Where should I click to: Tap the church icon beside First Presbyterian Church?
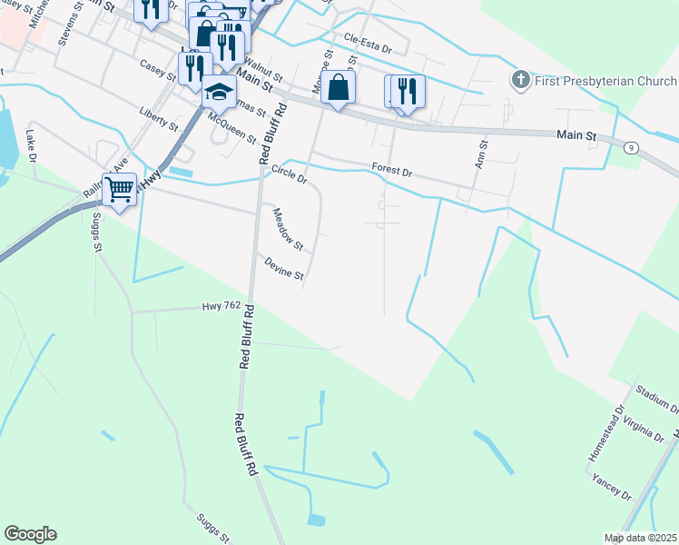pyautogui.click(x=521, y=80)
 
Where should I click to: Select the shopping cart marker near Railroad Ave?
pyautogui.click(x=119, y=191)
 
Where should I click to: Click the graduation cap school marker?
pyautogui.click(x=219, y=93)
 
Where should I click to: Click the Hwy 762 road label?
pyautogui.click(x=221, y=307)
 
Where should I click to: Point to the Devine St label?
pyautogui.click(x=283, y=268)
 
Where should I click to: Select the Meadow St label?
pyautogui.click(x=288, y=229)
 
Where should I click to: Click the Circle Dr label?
pyautogui.click(x=290, y=174)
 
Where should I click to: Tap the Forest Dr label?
pyautogui.click(x=392, y=170)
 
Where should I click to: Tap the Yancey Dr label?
pyautogui.click(x=611, y=486)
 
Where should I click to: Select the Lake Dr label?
pyautogui.click(x=33, y=144)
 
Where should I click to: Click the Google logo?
pyautogui.click(x=30, y=534)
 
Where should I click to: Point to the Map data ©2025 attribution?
pyautogui.click(x=640, y=538)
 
